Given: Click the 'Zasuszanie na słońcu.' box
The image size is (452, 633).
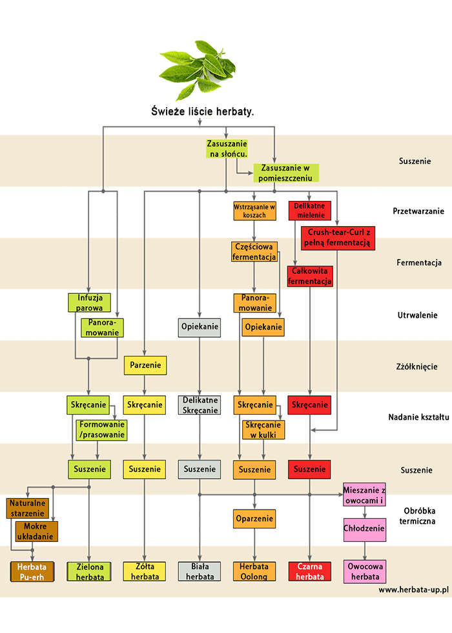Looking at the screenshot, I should click(227, 149).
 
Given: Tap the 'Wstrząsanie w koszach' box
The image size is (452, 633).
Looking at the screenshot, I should click(254, 211).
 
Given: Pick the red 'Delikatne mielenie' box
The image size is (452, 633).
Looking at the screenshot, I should click(310, 211).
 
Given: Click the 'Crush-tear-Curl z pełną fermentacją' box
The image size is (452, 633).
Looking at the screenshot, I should click(338, 237).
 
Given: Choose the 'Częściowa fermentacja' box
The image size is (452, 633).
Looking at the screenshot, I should click(254, 251).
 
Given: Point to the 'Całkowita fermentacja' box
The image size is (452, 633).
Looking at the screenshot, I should click(310, 276).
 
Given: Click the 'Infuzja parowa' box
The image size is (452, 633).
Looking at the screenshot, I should click(90, 302).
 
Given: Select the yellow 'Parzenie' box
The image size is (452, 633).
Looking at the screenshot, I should click(145, 366).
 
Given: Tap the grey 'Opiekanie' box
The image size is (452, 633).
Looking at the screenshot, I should click(200, 327).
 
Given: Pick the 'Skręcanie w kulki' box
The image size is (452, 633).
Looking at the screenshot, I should click(263, 430).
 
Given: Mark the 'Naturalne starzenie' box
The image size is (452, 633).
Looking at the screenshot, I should click(28, 508).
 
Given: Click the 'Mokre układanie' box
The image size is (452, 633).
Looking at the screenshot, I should click(36, 531).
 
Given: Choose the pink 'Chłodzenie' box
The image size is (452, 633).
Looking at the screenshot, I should click(364, 529).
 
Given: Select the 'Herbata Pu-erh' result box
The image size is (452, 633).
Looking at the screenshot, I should click(31, 572).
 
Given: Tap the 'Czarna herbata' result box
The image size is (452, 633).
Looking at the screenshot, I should click(310, 572).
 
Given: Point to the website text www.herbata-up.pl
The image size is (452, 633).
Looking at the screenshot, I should click(413, 590).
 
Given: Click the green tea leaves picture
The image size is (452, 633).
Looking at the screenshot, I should click(198, 68).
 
